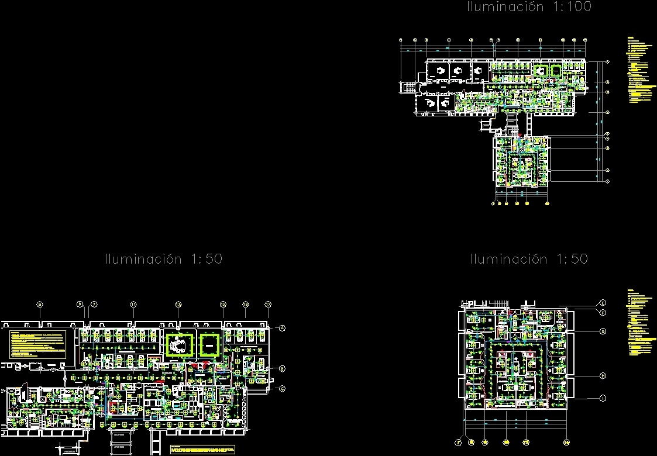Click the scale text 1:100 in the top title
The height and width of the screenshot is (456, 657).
570,7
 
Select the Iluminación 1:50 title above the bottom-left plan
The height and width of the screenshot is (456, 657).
163,259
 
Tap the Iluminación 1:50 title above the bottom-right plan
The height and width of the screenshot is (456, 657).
529,259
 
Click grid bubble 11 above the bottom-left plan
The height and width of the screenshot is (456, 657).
133,304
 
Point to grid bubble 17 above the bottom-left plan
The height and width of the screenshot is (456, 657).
268,304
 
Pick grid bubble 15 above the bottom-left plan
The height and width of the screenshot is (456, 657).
223,304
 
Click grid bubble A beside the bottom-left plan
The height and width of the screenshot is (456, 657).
281,328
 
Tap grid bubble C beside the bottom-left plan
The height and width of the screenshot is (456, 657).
281,388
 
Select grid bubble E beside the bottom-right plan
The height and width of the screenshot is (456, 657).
603,303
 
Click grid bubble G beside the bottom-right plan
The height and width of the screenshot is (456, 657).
603,331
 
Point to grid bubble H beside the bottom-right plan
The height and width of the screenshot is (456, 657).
603,376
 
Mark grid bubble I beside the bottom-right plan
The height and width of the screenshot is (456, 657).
603,398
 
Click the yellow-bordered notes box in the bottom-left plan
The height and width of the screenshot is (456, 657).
37,344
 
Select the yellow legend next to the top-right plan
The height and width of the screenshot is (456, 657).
639,71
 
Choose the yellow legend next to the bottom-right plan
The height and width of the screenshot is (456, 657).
639,322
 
